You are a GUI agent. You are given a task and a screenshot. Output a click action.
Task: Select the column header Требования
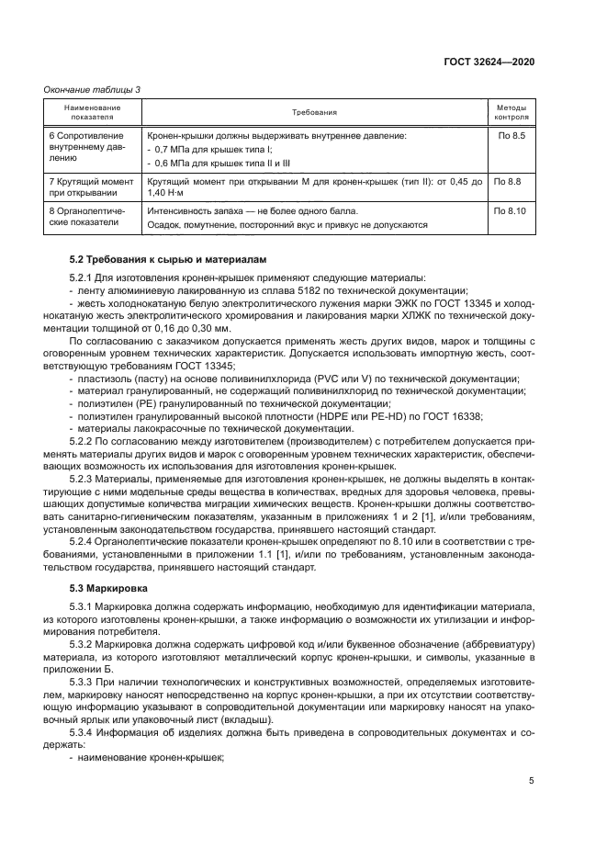(314, 112)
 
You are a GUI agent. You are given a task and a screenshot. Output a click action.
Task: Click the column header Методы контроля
(511, 112)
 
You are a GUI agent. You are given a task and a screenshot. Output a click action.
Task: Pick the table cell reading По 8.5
(511, 136)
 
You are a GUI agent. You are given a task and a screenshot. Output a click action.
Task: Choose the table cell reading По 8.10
(511, 211)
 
